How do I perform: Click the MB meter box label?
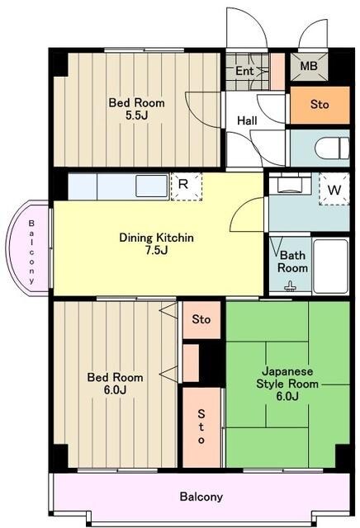[309, 66]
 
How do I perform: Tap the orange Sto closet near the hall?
[320, 105]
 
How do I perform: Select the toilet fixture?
[332, 148]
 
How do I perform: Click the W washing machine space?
[334, 189]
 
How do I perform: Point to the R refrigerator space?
[187, 186]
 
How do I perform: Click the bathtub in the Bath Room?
[330, 266]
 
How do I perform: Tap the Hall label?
[247, 120]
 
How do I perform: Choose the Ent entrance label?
[244, 71]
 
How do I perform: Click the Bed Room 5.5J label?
[136, 109]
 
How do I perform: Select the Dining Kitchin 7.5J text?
[156, 244]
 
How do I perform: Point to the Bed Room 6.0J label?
[115, 383]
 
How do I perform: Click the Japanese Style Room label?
[287, 384]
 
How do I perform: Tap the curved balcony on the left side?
[28, 248]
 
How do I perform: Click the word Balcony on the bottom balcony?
[201, 497]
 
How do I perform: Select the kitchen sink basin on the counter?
[152, 186]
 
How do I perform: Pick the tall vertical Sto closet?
[201, 427]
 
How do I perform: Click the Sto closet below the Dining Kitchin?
[201, 319]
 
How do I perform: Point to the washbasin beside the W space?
[290, 185]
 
